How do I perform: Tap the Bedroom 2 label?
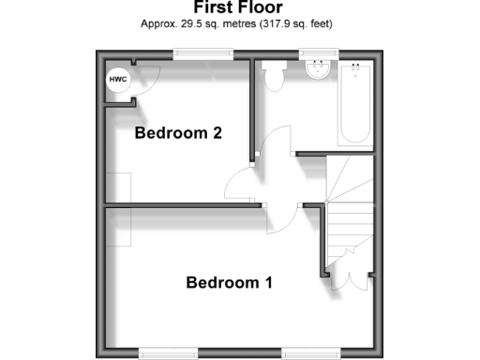pos(178,133)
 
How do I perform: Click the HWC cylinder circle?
pos(118,81)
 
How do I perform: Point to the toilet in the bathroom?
pos(275,76)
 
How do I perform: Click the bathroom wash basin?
pos(319,70)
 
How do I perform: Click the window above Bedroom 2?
pos(202,55)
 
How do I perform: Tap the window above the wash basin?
pos(319,55)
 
